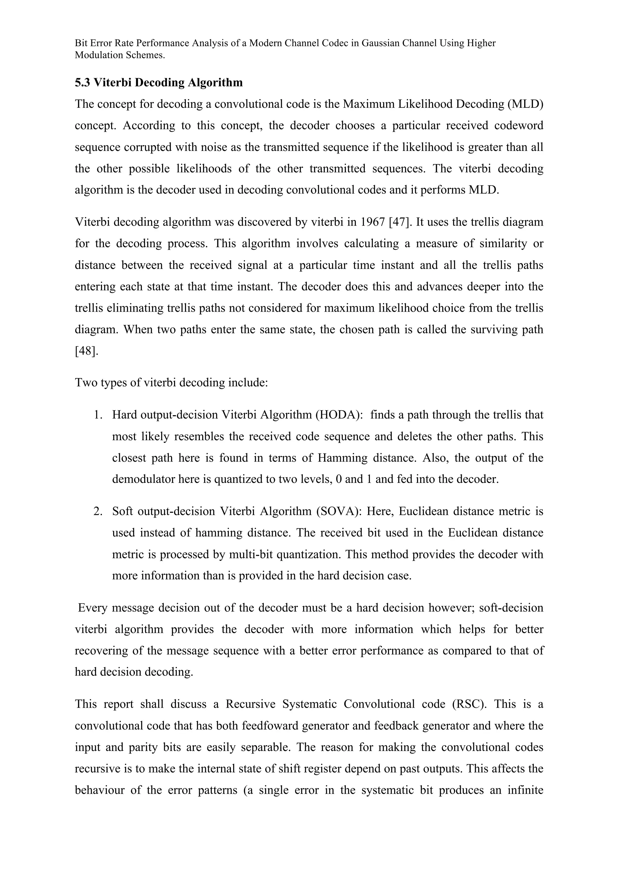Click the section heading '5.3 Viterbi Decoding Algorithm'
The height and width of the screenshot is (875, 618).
[x=158, y=83]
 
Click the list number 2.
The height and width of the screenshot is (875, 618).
[x=98, y=511]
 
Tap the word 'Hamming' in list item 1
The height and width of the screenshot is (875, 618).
[x=342, y=458]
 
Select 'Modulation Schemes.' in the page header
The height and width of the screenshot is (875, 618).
[x=120, y=55]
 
